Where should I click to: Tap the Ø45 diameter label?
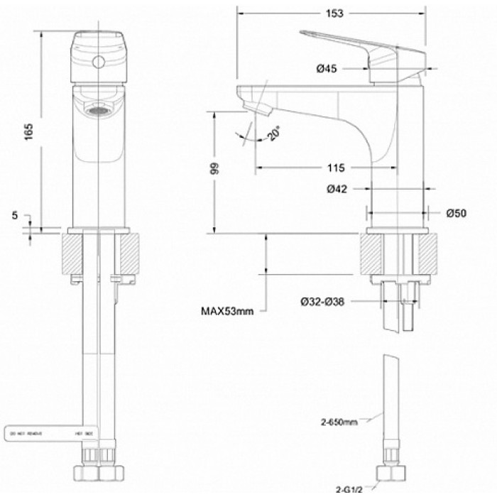pyautogui.click(x=326, y=68)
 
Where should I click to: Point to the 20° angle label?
pyautogui.click(x=273, y=133)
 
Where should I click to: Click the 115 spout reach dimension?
pyautogui.click(x=336, y=168)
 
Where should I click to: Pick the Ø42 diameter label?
pyautogui.click(x=336, y=189)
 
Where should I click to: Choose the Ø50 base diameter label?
pyautogui.click(x=456, y=213)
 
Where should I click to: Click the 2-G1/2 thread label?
pyautogui.click(x=350, y=488)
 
